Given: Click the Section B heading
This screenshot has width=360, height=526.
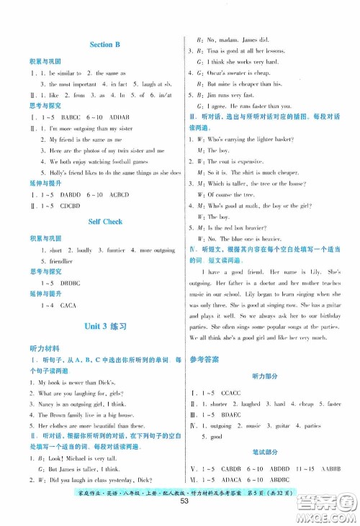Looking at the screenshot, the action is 104,45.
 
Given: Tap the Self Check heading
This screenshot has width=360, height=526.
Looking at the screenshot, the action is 104,222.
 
